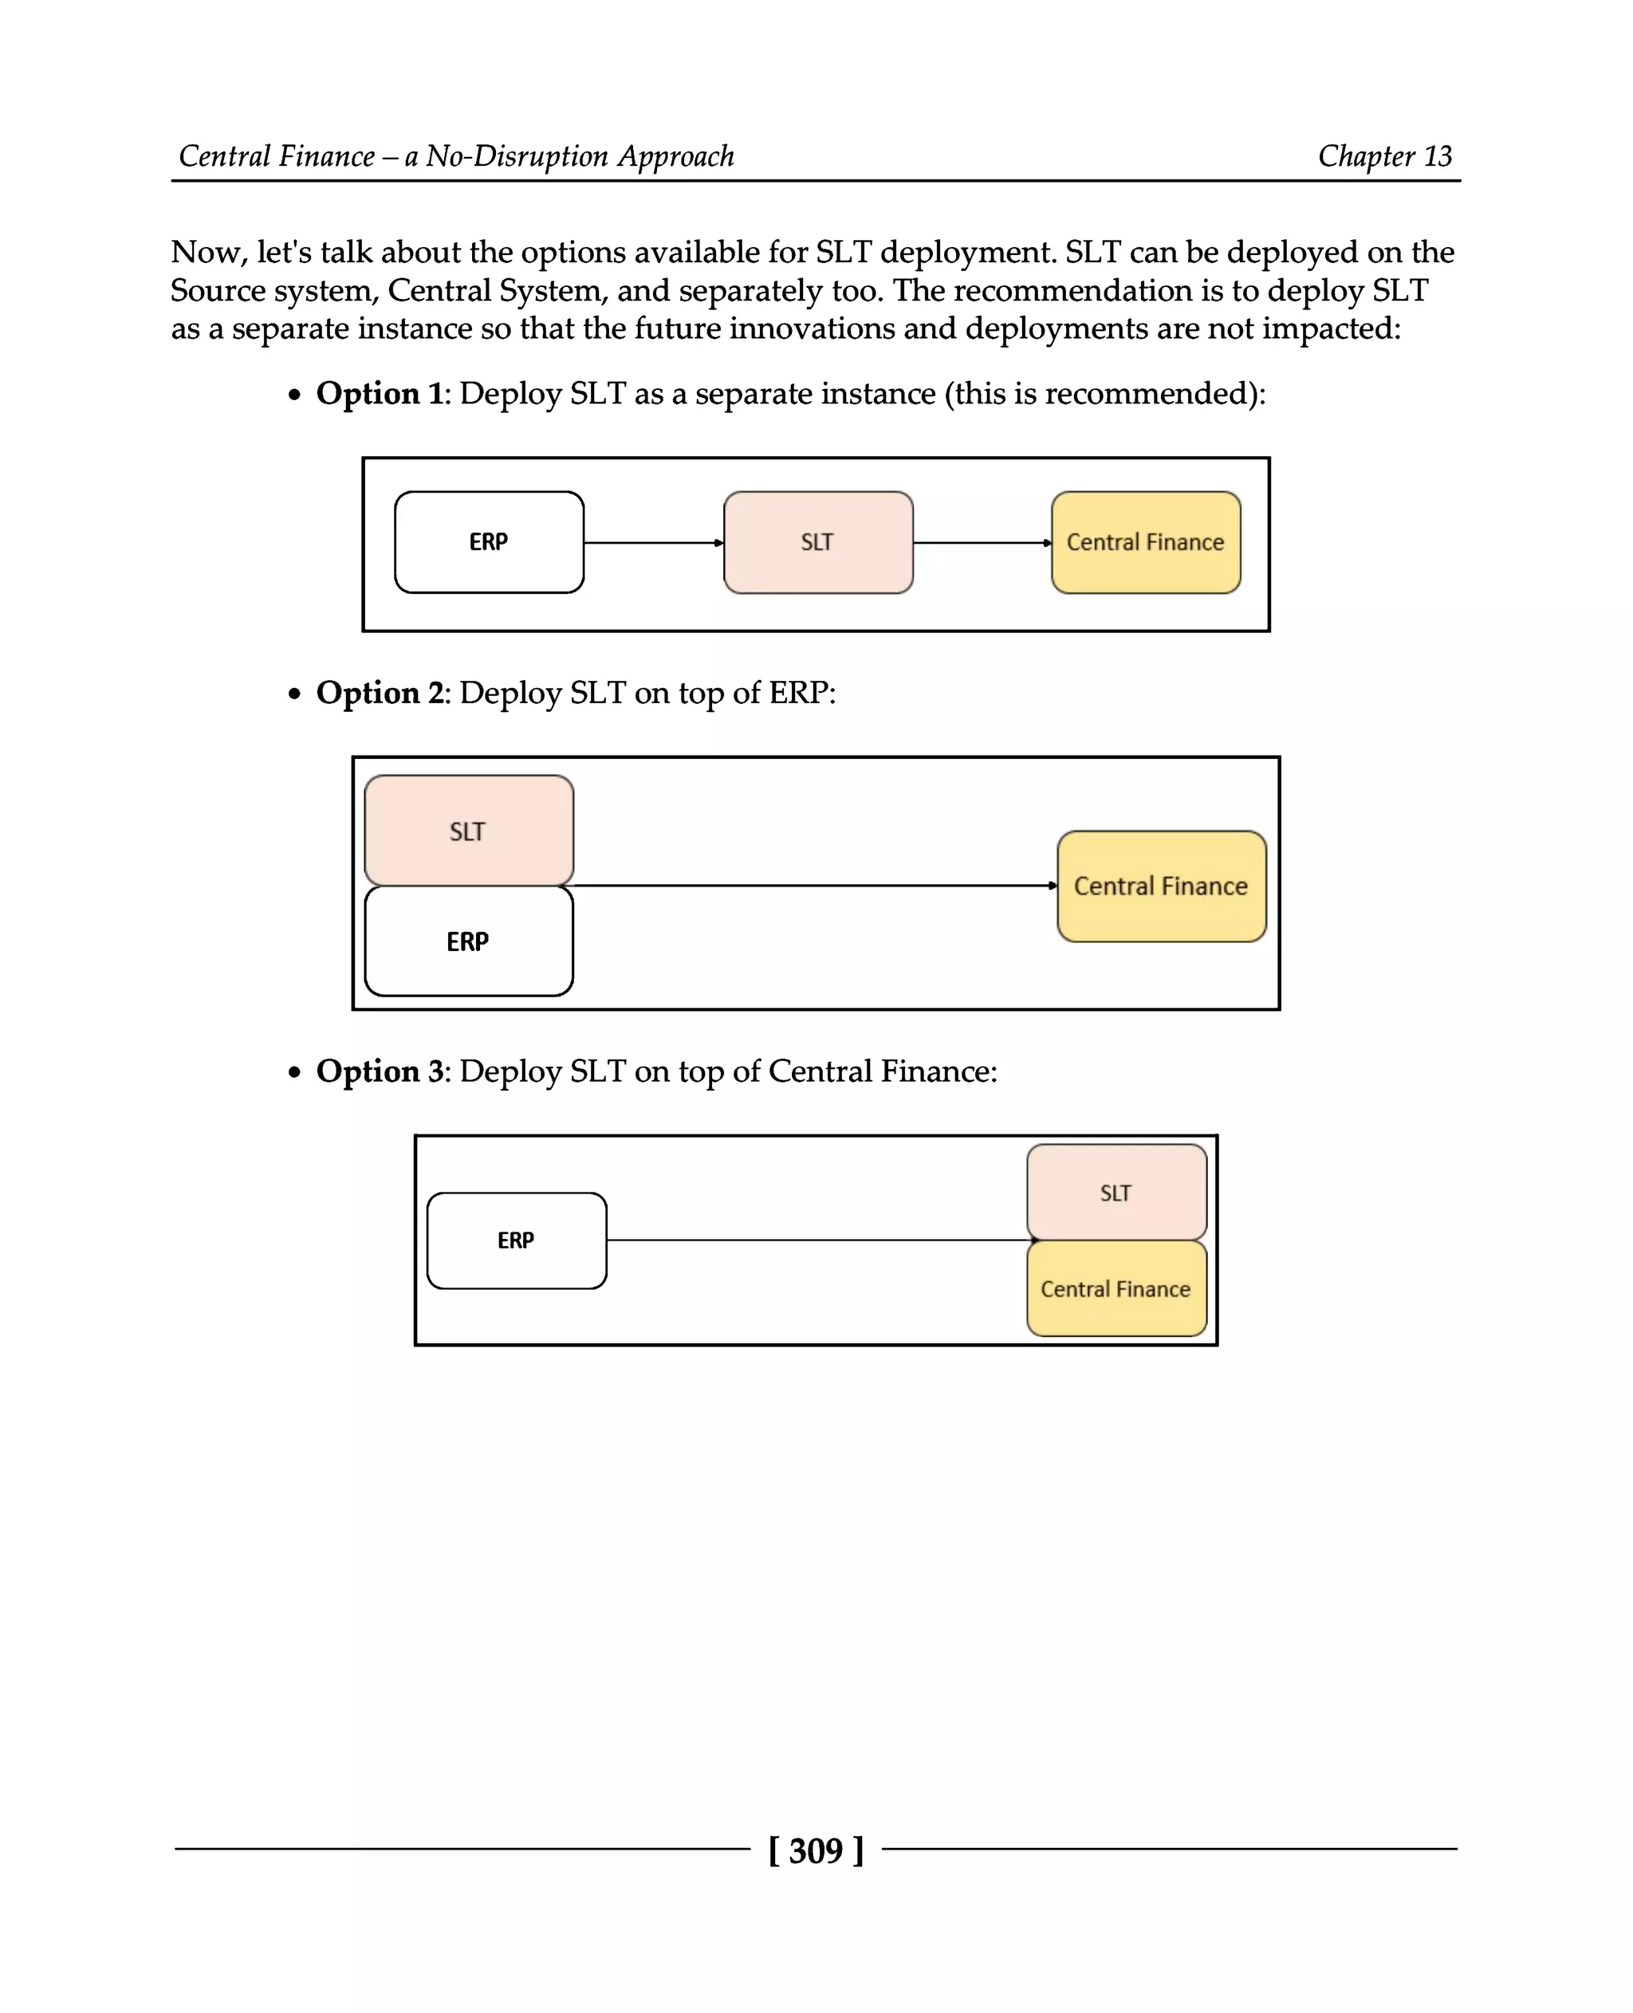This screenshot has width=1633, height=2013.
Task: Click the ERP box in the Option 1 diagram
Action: point(488,542)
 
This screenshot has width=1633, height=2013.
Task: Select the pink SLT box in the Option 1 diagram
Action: point(817,542)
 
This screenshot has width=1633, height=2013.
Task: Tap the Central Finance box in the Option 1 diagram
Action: point(1145,542)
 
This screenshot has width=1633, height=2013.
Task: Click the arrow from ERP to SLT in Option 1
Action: point(653,543)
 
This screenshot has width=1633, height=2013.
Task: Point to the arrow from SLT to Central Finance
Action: point(981,543)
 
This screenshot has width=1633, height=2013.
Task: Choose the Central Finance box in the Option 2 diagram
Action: point(1161,886)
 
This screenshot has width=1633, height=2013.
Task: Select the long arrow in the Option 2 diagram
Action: point(813,885)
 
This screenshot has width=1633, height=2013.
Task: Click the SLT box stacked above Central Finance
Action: point(1116,1193)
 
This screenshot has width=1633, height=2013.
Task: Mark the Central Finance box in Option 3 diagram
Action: point(1116,1288)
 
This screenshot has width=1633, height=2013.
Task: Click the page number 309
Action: point(816,1850)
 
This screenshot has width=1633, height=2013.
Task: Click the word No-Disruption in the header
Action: point(515,156)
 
